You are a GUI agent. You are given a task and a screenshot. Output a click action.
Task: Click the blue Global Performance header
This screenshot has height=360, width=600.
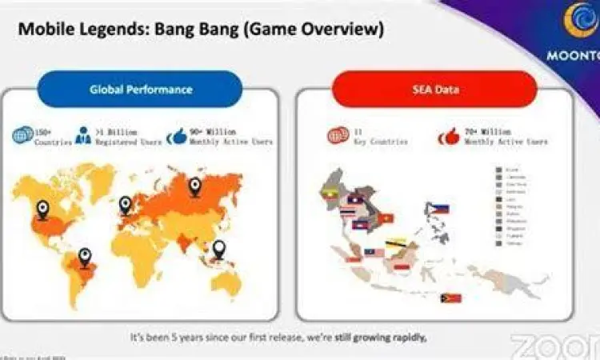140,89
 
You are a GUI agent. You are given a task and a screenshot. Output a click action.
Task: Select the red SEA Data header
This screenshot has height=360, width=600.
434,89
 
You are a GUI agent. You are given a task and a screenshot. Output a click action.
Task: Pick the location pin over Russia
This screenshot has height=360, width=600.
194,186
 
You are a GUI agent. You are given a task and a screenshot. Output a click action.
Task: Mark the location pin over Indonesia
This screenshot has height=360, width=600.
214,253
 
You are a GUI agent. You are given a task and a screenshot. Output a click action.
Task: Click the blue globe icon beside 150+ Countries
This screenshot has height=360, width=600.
21,135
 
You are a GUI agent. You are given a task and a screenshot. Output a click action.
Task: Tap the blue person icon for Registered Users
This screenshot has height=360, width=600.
83,135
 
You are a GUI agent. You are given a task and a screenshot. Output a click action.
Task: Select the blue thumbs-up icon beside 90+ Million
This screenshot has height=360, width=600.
177,135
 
